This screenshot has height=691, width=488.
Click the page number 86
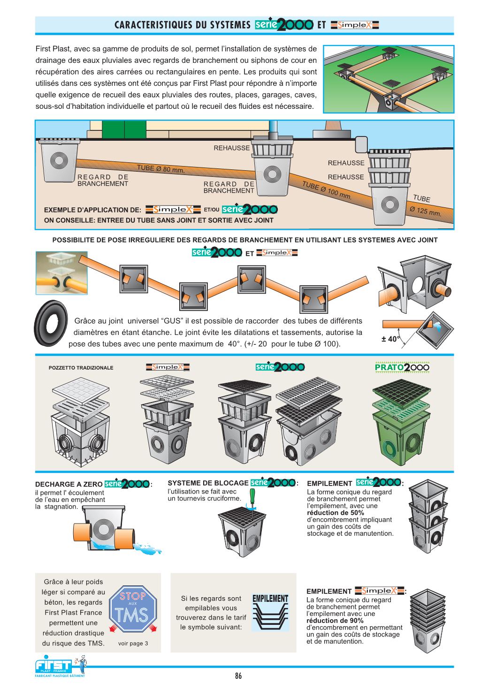(238, 676)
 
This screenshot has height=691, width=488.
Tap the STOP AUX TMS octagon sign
(133, 609)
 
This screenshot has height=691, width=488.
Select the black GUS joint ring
(51, 324)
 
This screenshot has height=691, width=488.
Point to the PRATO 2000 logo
(402, 367)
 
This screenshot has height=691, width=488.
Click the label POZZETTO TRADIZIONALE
(81, 368)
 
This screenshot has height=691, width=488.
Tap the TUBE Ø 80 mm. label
(160, 168)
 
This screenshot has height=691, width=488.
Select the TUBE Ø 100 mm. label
(327, 190)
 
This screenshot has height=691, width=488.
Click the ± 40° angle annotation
(390, 339)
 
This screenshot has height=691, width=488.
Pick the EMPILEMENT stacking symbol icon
(270, 612)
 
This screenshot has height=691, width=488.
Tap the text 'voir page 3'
(133, 643)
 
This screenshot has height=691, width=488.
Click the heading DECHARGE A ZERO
(69, 484)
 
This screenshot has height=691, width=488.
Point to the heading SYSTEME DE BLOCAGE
(208, 483)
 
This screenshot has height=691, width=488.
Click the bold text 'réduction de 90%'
(335, 620)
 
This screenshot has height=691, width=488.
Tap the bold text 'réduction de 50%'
(335, 513)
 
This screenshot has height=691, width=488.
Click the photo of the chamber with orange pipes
(61, 273)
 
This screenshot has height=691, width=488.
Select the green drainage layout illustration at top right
(389, 79)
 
